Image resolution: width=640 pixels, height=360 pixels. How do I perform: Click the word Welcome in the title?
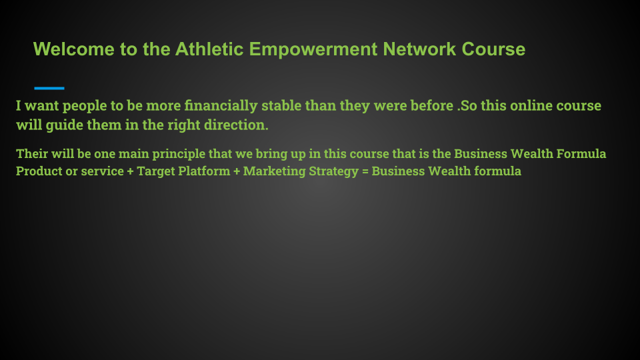74,49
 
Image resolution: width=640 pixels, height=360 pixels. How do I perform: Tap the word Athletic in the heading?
209,49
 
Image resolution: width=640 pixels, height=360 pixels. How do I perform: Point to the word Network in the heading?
419,49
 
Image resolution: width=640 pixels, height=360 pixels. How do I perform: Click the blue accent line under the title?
49,88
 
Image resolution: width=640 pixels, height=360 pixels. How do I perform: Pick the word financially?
221,106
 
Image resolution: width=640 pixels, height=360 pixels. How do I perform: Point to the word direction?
236,125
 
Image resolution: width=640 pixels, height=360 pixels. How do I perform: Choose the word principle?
179,154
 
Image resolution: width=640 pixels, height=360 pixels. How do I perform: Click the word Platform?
204,171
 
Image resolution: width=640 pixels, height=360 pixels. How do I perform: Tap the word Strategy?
333,171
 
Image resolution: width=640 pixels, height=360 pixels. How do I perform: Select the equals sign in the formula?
365,171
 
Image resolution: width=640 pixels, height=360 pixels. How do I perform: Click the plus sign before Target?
130,171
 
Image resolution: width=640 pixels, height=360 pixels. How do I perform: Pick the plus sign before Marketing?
237,171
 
